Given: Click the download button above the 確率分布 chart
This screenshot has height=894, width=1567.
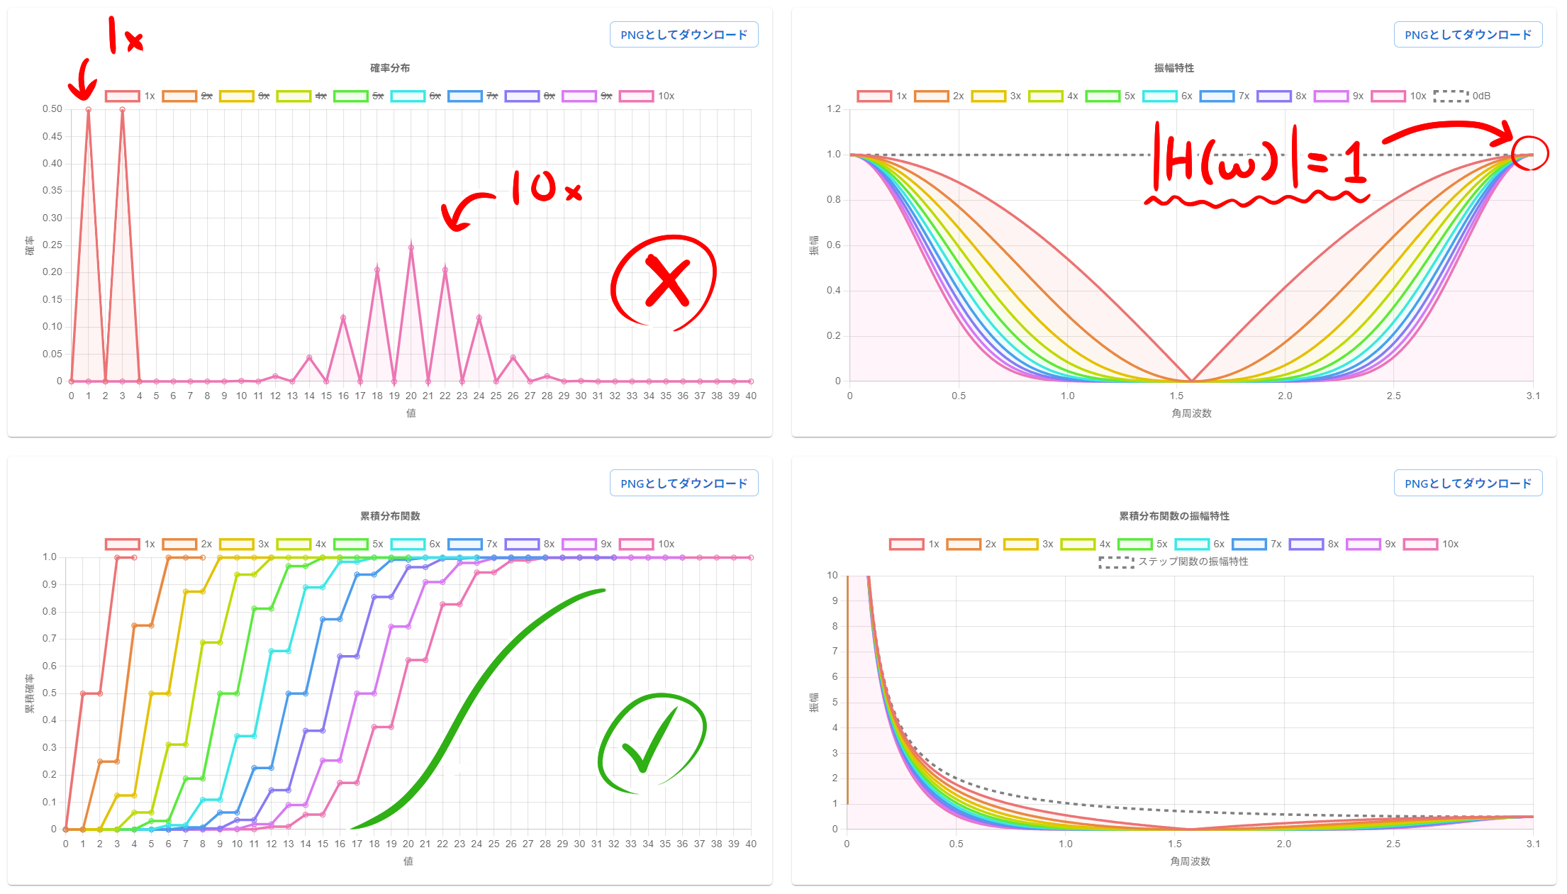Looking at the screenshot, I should (x=684, y=35).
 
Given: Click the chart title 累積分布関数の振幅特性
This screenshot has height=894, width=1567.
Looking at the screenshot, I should (x=1174, y=516).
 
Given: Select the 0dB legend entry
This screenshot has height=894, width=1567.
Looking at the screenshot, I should (x=1461, y=96).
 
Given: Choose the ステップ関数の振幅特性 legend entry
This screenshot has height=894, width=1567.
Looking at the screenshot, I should (x=1173, y=561).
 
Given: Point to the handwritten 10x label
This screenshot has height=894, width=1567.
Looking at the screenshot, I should (x=545, y=188).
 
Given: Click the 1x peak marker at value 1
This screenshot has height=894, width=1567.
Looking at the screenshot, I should (x=89, y=110).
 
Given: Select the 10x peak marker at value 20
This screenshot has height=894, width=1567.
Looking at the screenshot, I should (x=411, y=247).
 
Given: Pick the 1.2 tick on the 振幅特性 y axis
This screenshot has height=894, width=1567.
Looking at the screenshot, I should (x=834, y=109).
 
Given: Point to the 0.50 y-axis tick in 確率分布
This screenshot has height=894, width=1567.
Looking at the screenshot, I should (x=52, y=109).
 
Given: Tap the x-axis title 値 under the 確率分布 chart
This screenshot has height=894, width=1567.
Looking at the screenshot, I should (x=411, y=413).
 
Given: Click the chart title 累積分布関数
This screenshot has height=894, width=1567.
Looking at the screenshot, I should (x=390, y=516).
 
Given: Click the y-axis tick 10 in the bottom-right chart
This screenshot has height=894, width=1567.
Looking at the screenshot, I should (x=832, y=576).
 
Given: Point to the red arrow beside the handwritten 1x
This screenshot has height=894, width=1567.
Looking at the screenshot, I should (x=83, y=79).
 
